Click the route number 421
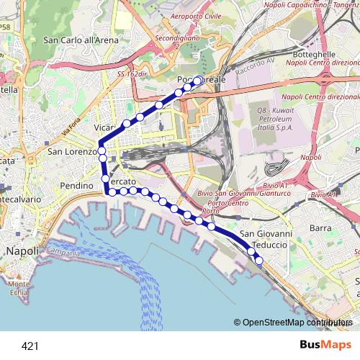(x=30, y=346)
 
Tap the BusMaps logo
(x=326, y=346)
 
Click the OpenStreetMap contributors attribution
(x=293, y=323)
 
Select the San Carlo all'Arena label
(x=81, y=40)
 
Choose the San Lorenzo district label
(x=71, y=153)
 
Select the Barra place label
(x=320, y=228)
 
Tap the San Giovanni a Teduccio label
(x=266, y=239)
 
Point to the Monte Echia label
(x=19, y=288)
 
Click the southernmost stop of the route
(x=259, y=260)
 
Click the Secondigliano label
(x=176, y=40)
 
